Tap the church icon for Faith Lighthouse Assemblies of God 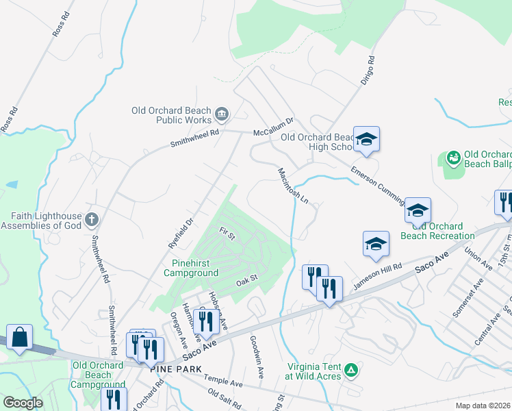click(x=92, y=220)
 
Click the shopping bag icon click(x=20, y=337)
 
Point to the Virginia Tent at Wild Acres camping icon click(x=351, y=370)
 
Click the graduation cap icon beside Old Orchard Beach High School click(x=366, y=139)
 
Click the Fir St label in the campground click(x=227, y=234)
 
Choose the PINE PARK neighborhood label click(x=177, y=369)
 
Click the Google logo click(x=23, y=403)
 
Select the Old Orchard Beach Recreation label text click(x=442, y=231)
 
